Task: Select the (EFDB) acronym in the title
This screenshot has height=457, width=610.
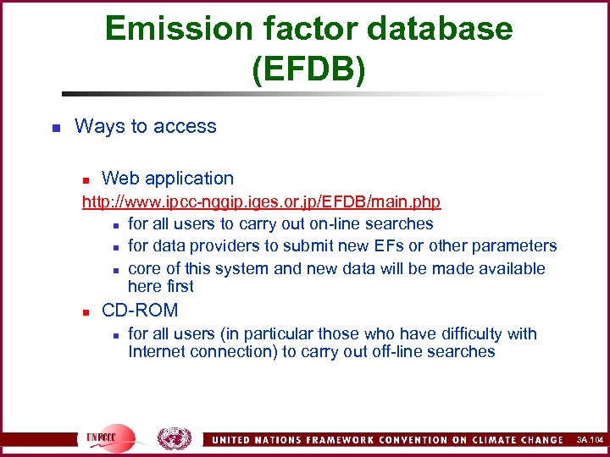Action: [308, 69]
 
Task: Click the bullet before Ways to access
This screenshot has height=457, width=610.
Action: [55, 128]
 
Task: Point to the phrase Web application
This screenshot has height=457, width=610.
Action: [167, 178]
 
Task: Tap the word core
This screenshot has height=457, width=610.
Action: [145, 268]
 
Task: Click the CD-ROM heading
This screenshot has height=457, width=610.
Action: [140, 311]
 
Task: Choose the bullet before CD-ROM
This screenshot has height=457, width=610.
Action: [86, 311]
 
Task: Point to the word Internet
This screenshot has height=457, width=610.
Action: [161, 351]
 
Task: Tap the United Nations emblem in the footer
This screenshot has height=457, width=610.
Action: [175, 438]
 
